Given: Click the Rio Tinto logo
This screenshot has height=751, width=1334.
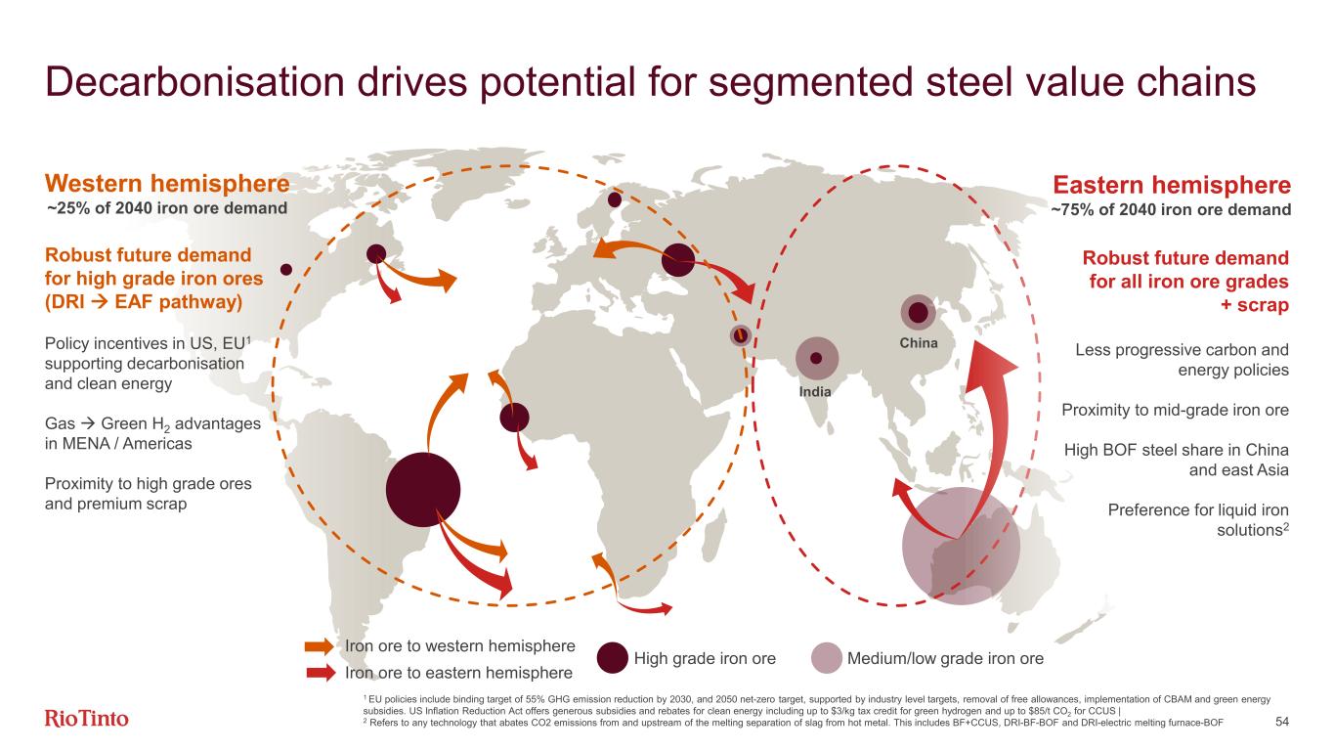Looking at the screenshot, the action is (87, 718).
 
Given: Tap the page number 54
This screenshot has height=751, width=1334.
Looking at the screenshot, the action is (1282, 722).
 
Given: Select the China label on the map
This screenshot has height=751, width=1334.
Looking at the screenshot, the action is (919, 342).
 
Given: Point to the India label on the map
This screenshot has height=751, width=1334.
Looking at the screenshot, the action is (815, 391).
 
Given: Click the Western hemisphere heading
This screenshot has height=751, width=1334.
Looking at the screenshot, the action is (167, 183).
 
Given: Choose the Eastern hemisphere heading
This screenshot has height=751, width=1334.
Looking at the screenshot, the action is (1172, 185).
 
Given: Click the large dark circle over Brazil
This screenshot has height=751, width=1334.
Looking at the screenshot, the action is (423, 489).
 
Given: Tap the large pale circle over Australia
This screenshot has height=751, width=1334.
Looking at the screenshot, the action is (961, 546).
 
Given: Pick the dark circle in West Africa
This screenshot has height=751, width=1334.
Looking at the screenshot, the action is (514, 417).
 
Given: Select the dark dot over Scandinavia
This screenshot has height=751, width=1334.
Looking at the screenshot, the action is (614, 199).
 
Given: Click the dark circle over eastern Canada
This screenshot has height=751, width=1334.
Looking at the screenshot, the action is (376, 254).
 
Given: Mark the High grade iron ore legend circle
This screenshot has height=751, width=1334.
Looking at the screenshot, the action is (612, 658).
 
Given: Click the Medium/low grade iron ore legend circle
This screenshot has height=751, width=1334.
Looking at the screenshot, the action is (827, 658).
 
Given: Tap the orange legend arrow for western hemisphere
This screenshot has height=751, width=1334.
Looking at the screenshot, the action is (320, 646).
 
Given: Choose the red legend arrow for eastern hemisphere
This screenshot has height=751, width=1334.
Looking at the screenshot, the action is (321, 673).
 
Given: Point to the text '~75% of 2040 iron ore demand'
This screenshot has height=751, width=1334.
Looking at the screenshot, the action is (1171, 210).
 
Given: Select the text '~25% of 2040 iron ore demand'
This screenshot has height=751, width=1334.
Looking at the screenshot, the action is (167, 208).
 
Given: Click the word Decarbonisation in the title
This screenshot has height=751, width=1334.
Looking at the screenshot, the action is (194, 82).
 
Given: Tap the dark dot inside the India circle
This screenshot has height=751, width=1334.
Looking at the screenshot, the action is (816, 358).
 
